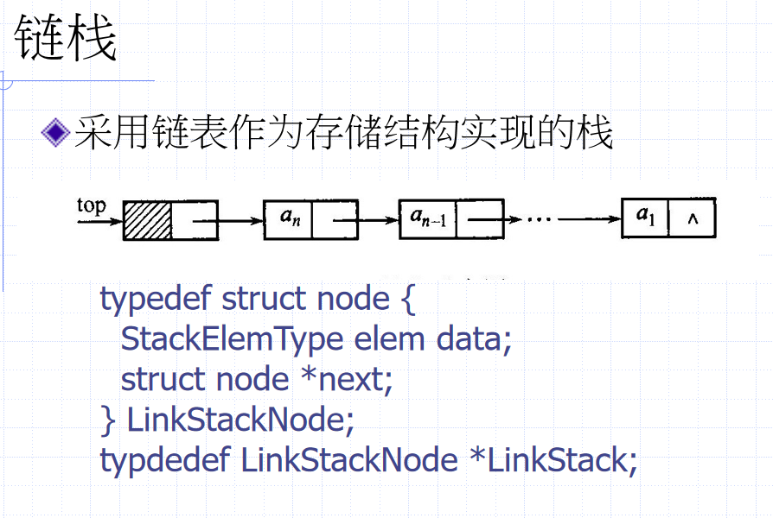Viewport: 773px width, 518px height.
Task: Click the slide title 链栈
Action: coord(65,39)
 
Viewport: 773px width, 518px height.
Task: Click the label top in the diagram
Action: coord(91,205)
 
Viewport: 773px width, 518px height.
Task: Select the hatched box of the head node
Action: coord(148,221)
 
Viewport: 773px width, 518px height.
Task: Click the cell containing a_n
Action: coord(288,220)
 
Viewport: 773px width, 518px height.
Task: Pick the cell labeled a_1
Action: coord(646,218)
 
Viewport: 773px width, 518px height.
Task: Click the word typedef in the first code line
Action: coord(157,299)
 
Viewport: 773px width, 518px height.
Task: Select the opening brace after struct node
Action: coord(407,299)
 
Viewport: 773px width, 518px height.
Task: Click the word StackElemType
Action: coord(232,338)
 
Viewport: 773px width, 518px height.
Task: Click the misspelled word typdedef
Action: coord(166,460)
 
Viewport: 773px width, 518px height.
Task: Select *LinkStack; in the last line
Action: coord(553,460)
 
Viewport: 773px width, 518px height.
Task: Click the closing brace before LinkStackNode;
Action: coord(108,420)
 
